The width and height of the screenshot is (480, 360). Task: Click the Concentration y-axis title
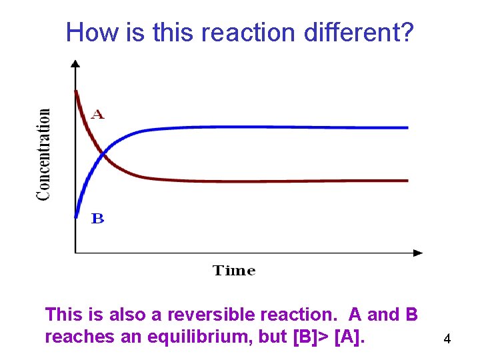43,155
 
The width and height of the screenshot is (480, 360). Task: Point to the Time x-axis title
234,271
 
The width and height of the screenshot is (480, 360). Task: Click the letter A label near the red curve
98,115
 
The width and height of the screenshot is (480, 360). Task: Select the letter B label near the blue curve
97,219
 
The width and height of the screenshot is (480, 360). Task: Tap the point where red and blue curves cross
102,154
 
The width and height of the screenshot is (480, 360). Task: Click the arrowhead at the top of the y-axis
75,63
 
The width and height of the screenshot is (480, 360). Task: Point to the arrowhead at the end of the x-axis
418,253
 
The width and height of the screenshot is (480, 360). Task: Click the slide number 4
447,339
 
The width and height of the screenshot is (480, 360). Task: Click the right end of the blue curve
407,127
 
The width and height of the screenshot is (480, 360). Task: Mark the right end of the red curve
407,180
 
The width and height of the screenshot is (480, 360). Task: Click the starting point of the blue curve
77,215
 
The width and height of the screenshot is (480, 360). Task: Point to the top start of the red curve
77,91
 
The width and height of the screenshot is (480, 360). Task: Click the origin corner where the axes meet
75,253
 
